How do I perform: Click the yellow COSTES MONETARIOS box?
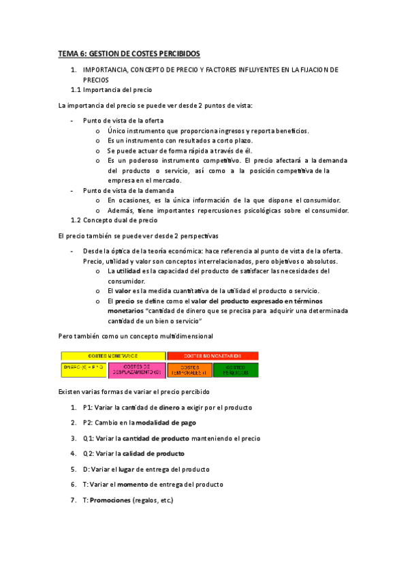tap(113, 356)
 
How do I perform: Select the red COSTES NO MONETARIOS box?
tap(213, 356)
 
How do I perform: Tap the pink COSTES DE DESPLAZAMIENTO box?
tap(137, 369)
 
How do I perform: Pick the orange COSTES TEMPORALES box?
tap(189, 369)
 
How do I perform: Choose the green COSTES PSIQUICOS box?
tap(236, 369)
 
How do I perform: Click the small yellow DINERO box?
tap(84, 367)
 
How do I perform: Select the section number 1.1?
tap(76, 90)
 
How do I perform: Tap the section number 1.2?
tap(76, 220)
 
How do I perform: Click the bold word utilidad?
tap(131, 271)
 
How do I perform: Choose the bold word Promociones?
tap(110, 500)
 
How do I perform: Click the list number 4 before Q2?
tap(73, 453)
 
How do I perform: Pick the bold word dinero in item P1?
tap(170, 408)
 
